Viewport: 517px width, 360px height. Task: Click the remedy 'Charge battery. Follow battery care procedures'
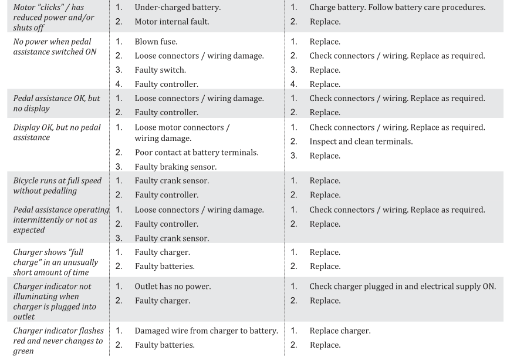point(397,8)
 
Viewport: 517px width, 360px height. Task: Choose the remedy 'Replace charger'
point(340,331)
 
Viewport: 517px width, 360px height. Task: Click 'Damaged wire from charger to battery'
point(206,331)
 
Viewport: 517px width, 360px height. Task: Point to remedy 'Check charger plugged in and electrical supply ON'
point(402,287)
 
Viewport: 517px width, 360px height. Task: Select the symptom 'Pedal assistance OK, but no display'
point(56,104)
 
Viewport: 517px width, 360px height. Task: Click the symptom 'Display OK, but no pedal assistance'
point(56,133)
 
